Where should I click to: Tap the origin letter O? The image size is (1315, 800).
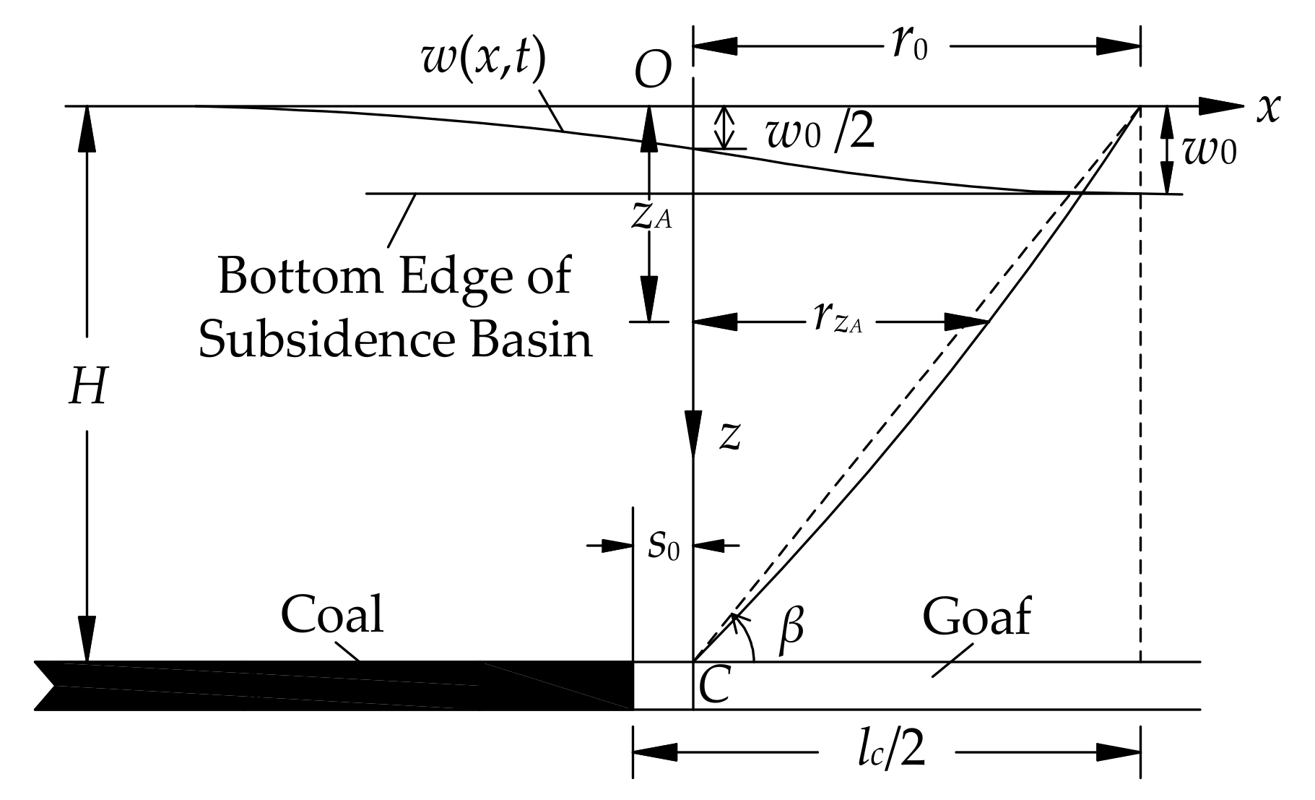(652, 71)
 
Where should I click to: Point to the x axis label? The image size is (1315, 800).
(1267, 108)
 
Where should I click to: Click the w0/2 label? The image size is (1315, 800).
(819, 134)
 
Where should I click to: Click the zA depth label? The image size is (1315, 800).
(651, 215)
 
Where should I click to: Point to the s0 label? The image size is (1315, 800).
(663, 546)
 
